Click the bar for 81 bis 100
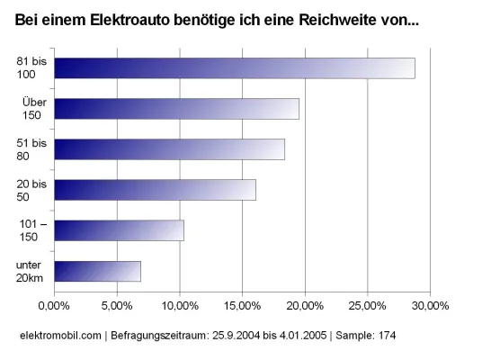click(234, 68)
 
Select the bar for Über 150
click(176, 109)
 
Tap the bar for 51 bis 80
click(169, 149)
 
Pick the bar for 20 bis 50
click(155, 190)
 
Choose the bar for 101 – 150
click(119, 230)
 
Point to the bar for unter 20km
click(97, 271)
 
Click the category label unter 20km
click(32, 271)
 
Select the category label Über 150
click(34, 109)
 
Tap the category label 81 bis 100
click(32, 68)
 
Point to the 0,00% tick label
click(54, 306)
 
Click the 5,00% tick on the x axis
click(117, 306)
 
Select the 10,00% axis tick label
click(180, 306)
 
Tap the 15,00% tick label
click(242, 306)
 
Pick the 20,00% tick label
click(305, 306)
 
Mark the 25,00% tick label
click(367, 306)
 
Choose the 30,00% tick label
click(430, 306)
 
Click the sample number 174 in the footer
click(385, 336)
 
